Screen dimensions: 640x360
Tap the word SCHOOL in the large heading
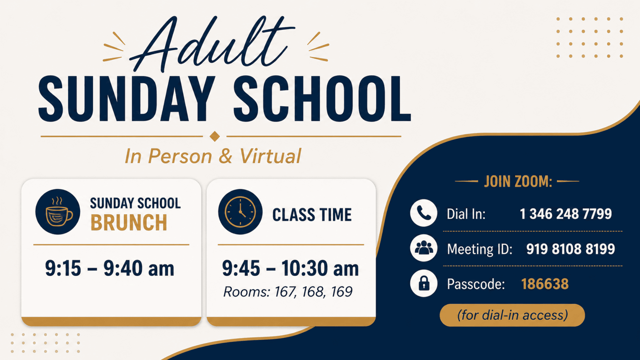[x=322, y=99]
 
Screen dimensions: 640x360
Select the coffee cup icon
[x=58, y=212]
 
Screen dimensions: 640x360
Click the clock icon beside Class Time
[x=240, y=212]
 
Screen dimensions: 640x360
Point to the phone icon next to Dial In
[x=424, y=213]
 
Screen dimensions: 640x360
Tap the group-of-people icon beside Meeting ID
[x=424, y=248]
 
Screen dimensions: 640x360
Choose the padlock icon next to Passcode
[x=424, y=283]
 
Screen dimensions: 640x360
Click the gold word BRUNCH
[x=129, y=223]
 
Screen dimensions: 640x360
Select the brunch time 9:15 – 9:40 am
[x=110, y=268]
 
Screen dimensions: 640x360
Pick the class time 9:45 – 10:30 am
[x=290, y=268]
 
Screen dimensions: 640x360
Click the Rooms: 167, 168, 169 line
[x=288, y=292]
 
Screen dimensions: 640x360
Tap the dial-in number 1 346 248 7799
[x=566, y=214]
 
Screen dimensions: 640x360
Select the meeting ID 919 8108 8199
[x=571, y=249]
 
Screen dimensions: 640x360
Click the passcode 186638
[x=545, y=284]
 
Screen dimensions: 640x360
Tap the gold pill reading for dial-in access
[x=512, y=315]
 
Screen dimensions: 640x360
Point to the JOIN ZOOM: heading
[x=518, y=182]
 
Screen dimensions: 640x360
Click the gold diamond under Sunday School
[x=215, y=136]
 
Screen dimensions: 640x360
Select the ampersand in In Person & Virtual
[x=226, y=156]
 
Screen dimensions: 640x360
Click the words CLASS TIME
[x=312, y=215]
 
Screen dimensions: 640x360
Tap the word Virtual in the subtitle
[x=270, y=156]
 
